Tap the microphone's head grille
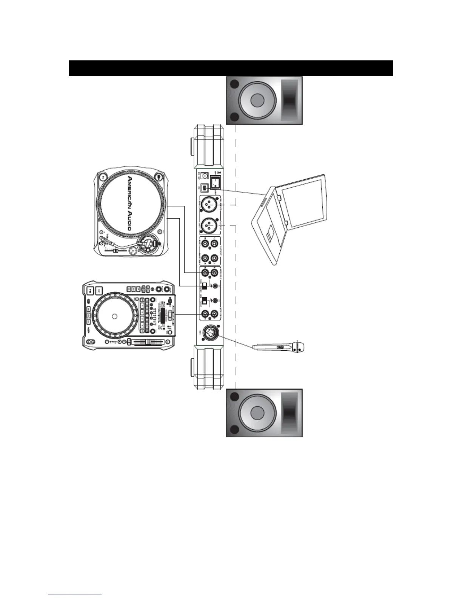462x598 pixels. click(299, 347)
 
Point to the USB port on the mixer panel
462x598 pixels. click(204, 188)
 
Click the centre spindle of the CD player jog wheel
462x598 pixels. click(114, 316)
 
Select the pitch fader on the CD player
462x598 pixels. click(147, 342)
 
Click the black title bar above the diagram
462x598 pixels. click(231, 68)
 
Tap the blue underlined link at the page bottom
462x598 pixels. click(75, 595)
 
